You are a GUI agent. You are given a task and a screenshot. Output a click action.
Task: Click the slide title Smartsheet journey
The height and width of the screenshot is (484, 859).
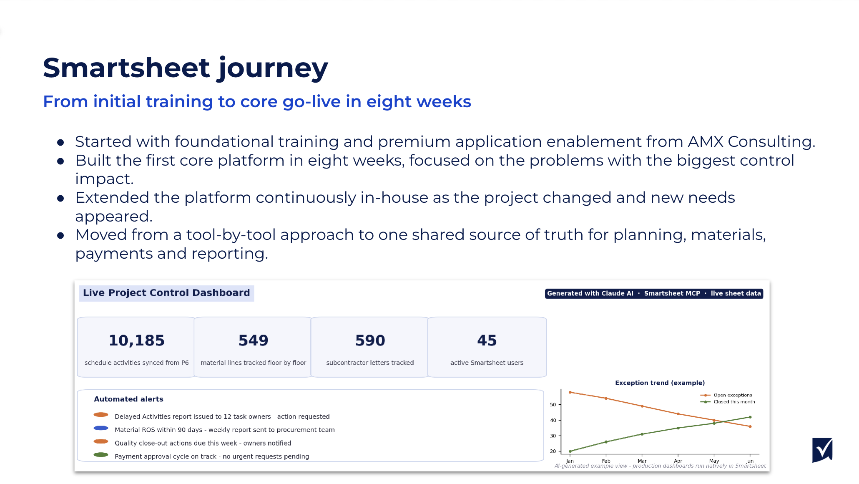[186, 68]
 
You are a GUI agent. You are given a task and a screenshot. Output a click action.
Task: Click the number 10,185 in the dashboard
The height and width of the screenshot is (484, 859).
[137, 340]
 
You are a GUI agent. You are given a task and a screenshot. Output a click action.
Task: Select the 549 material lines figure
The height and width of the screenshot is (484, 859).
[254, 340]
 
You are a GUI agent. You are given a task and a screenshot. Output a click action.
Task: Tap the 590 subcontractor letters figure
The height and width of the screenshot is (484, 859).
[370, 340]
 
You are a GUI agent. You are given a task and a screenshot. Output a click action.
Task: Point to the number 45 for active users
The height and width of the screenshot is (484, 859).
[487, 340]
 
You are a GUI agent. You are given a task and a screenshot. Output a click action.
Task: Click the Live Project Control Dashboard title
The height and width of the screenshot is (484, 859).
[166, 293]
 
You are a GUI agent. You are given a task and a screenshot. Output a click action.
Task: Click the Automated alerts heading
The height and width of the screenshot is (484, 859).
[128, 399]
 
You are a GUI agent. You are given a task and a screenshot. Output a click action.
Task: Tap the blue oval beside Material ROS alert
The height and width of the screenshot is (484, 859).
[101, 428]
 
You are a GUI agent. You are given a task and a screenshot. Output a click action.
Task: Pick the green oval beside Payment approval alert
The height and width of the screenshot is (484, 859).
[101, 455]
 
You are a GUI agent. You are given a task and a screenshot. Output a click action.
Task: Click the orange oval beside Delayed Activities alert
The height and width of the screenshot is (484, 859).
[101, 415]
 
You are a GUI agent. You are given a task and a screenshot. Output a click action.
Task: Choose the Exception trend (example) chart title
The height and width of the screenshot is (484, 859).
[660, 383]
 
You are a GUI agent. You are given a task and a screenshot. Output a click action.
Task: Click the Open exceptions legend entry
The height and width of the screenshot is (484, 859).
[726, 395]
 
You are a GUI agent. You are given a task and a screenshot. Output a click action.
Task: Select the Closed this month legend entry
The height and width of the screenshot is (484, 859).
[728, 402]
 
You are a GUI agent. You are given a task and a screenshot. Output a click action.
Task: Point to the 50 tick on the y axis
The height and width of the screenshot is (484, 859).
[553, 405]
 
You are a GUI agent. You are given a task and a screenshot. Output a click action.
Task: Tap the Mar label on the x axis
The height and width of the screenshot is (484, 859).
[642, 461]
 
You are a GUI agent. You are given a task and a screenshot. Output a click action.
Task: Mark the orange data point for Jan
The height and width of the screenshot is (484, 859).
[570, 392]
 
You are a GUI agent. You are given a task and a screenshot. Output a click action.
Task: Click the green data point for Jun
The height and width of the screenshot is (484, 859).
[750, 417]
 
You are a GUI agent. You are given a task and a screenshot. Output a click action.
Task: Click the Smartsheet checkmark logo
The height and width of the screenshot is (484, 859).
[822, 450]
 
